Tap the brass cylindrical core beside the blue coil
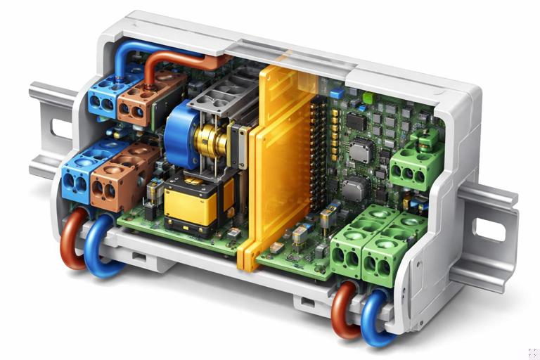point(211,141)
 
